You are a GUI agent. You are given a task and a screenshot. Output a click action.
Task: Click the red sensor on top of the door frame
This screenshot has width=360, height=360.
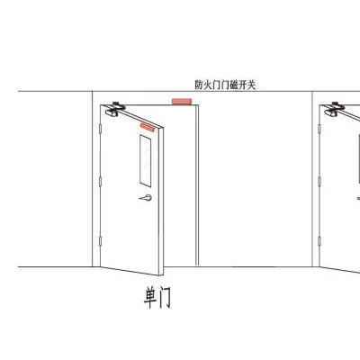point(182,102)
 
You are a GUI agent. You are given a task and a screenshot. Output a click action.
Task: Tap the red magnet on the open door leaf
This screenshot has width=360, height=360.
point(148,127)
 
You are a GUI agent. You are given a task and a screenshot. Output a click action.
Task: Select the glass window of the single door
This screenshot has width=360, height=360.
point(145,161)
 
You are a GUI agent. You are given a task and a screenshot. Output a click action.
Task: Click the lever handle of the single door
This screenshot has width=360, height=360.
point(146,198)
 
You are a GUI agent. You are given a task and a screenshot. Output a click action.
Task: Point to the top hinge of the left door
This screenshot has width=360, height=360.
point(100,129)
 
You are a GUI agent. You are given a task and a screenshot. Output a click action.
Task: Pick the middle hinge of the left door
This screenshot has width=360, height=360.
point(100,182)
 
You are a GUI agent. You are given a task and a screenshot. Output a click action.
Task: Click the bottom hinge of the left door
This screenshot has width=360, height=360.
point(100,241)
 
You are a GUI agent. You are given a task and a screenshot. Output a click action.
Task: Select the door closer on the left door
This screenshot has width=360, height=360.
point(115,110)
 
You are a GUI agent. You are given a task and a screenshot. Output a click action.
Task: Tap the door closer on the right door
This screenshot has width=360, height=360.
point(334,110)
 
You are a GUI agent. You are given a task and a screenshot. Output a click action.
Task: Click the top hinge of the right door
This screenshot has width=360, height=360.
point(319,129)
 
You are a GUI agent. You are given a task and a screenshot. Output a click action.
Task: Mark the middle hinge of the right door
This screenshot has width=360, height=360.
point(319,182)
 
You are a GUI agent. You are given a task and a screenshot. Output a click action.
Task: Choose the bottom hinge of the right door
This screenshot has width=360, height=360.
point(319,241)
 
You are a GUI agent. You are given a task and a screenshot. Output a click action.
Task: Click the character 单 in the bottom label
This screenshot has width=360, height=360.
point(149,297)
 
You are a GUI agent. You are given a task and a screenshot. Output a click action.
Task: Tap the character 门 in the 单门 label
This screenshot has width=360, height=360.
point(165,297)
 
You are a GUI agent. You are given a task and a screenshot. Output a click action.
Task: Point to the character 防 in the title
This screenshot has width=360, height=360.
point(199,85)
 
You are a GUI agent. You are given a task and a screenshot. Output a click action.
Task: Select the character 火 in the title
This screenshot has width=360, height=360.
point(207,85)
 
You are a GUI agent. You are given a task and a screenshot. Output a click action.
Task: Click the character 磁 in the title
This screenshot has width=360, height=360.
point(234,85)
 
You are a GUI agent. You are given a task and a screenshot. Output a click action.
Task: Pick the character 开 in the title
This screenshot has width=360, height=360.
point(242,85)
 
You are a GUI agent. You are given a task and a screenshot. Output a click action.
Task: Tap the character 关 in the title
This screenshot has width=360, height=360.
point(251,85)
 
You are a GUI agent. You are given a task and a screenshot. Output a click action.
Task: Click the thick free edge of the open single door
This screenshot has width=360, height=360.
point(161,201)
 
